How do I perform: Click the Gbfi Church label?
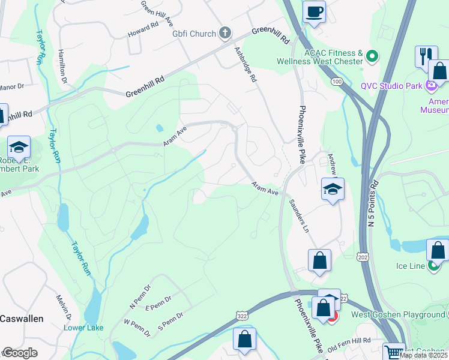[x=193, y=34]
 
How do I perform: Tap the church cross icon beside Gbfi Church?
[x=225, y=33]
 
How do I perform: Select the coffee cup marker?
[x=314, y=11]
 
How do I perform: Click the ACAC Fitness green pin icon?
[x=372, y=57]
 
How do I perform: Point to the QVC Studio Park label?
[x=391, y=86]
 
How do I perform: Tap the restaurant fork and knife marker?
[x=426, y=57]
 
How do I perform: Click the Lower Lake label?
[x=84, y=328]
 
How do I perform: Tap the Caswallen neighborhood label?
[x=22, y=319]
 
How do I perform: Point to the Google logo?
[x=20, y=353]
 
